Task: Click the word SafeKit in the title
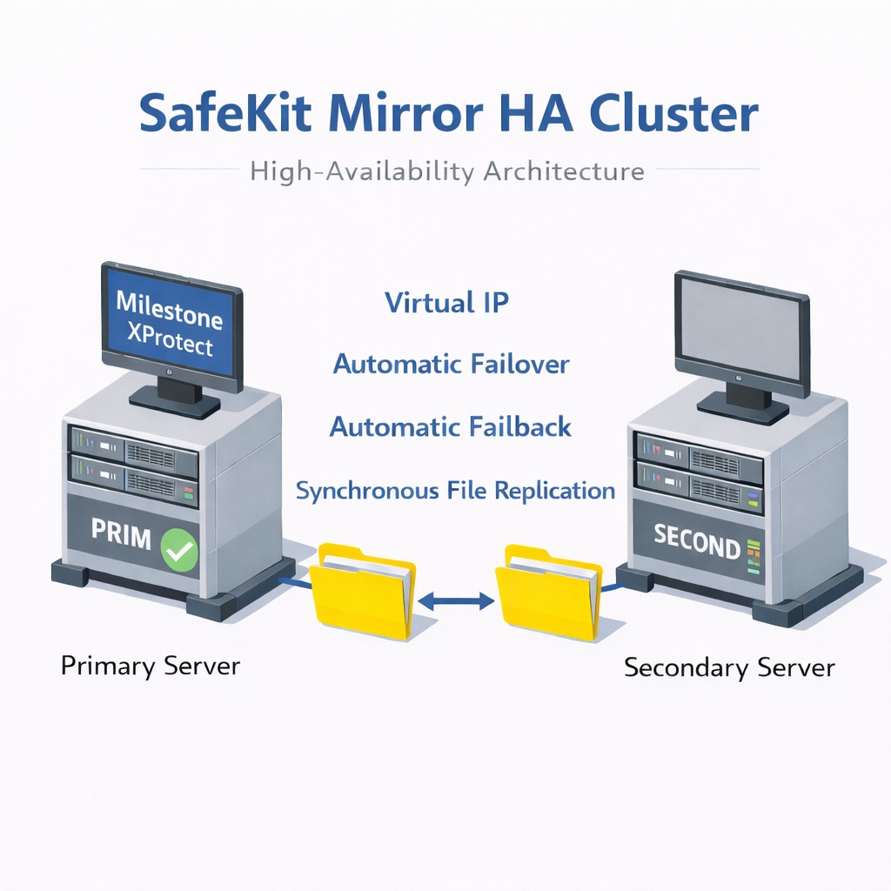225,112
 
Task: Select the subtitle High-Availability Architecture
447,171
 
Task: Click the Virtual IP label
446,302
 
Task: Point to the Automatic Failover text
452,365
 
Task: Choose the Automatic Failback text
451,426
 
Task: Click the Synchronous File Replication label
455,491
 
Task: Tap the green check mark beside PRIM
179,550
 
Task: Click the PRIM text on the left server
121,535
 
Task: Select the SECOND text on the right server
697,542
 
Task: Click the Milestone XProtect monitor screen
170,322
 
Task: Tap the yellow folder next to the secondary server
548,592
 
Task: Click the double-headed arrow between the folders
456,600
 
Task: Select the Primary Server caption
151,666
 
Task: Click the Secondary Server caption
730,667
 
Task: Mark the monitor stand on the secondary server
743,404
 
